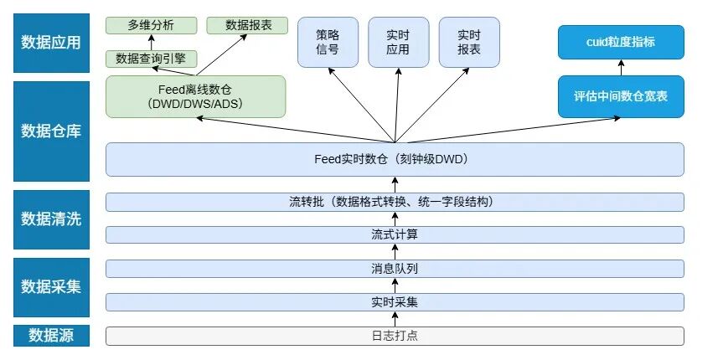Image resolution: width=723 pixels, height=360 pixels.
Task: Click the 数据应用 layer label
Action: [50, 43]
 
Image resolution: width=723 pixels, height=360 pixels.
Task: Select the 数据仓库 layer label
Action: [50, 131]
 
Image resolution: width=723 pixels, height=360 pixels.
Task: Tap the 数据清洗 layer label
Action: [50, 219]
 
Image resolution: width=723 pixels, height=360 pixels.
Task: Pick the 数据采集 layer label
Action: [50, 285]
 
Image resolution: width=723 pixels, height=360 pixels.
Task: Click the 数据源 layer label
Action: [50, 335]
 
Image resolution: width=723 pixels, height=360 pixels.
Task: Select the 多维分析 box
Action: [152, 25]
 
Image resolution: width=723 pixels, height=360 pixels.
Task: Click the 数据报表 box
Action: [248, 25]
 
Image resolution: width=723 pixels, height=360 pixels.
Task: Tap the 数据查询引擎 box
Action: [152, 59]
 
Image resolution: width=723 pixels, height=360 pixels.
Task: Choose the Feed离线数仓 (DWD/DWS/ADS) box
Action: [195, 97]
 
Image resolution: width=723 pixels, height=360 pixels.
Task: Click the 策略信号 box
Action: [328, 43]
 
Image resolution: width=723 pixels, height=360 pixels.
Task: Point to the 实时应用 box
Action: [398, 43]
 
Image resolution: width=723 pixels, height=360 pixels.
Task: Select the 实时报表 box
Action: [468, 43]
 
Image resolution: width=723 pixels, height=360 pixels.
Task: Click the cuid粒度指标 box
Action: [621, 42]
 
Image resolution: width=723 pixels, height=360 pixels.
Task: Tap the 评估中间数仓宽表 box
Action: [621, 97]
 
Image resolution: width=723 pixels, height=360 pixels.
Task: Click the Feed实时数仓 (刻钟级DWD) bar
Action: [395, 159]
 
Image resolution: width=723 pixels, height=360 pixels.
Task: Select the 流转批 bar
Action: [395, 202]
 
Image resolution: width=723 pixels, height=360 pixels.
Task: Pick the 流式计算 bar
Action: [395, 234]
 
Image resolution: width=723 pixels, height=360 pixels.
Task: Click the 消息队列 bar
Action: [395, 269]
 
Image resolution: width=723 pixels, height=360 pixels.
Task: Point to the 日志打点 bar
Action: [395, 336]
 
